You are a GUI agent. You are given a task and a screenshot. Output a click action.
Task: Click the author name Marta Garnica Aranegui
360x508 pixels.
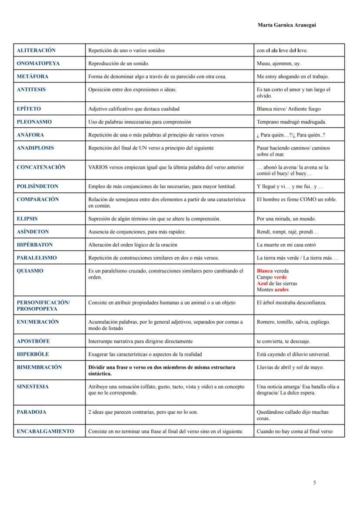click(287, 25)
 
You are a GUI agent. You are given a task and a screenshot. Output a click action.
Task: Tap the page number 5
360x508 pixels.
click(314, 482)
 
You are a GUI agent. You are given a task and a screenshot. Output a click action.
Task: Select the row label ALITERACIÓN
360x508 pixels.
click(36, 50)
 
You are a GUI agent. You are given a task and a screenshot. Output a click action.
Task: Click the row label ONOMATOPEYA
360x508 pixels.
click(38, 63)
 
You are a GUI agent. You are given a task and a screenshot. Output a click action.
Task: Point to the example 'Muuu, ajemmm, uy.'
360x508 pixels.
click(278, 63)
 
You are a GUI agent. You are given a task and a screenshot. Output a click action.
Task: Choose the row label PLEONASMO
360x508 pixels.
click(34, 122)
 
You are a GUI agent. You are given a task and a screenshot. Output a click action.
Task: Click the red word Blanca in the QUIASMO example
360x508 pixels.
click(264, 271)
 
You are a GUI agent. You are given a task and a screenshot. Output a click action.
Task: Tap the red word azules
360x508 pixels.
click(281, 289)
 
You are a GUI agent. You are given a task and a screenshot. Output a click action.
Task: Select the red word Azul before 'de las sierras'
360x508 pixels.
click(262, 283)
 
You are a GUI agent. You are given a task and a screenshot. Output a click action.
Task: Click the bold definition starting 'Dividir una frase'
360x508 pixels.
click(162, 370)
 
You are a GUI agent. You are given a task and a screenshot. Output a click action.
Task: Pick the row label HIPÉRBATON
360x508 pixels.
click(35, 245)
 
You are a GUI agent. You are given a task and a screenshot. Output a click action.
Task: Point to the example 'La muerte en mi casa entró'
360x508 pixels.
click(286, 245)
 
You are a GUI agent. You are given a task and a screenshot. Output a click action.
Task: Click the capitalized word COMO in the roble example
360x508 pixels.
click(308, 199)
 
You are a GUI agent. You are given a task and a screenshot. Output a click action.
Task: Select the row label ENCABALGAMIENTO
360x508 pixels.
click(45, 432)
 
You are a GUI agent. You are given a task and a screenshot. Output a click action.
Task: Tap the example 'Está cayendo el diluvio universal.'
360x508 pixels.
click(293, 354)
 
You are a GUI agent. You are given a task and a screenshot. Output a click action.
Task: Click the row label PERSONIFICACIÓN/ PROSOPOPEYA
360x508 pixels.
click(43, 305)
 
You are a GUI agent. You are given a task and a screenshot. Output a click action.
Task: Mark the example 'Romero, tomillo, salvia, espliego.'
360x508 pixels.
click(293, 322)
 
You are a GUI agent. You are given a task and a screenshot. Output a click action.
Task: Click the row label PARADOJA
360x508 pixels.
click(31, 412)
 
